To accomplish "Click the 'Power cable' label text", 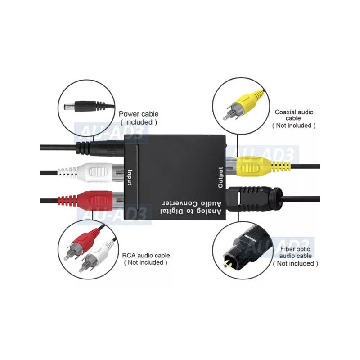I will click(139, 114).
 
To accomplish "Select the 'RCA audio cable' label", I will click(146, 255).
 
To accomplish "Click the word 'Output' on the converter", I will click(220, 177).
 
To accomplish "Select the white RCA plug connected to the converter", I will click(97, 172).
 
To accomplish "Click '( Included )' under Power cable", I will click(139, 122).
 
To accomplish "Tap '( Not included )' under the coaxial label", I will click(294, 126).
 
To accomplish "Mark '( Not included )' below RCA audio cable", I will click(146, 262).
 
